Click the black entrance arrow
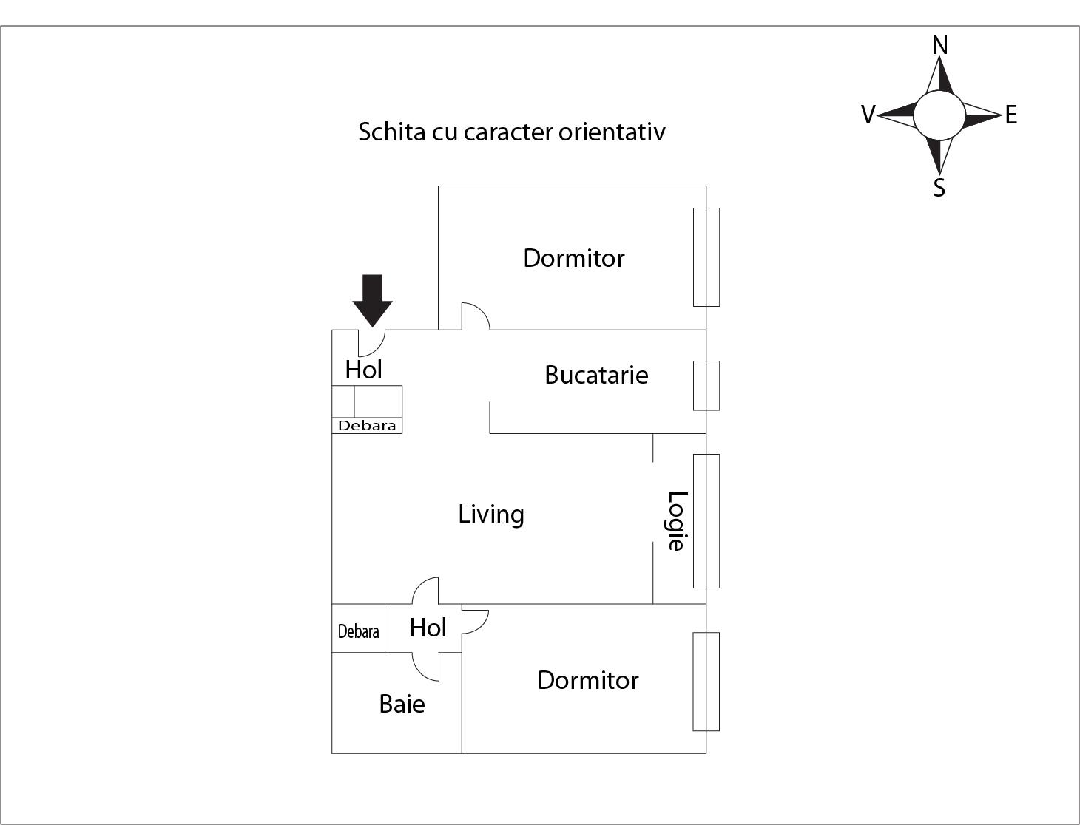coord(373,300)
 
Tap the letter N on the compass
coord(939,45)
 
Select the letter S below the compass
coord(939,188)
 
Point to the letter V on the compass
coord(868,115)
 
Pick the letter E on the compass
coord(1011,115)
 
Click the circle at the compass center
coord(939,115)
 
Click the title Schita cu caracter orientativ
coord(512,132)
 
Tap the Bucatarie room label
coord(596,375)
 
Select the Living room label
coord(491,515)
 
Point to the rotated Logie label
coord(676,521)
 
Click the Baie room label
coord(402,704)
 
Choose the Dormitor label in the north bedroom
coord(574,258)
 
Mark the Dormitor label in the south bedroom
coord(588,680)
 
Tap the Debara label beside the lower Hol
coord(358,631)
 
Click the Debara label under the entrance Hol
coord(367,425)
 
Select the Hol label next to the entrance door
coord(364,370)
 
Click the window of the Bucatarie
coord(706,385)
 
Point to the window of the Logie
coord(706,521)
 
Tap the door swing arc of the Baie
coord(425,668)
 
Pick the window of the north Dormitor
coord(706,257)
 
